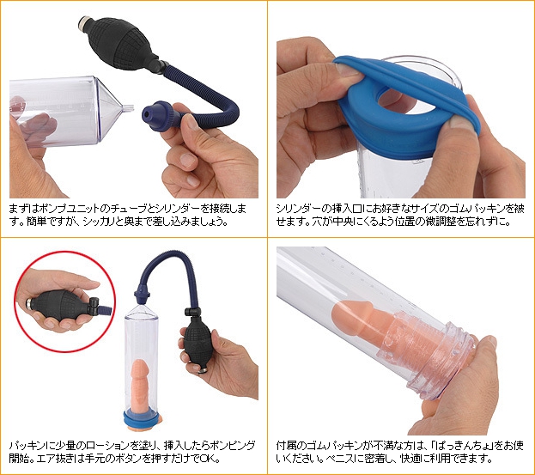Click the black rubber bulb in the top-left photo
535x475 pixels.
122,45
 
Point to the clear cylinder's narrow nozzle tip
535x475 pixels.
128,109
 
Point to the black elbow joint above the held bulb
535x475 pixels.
192,312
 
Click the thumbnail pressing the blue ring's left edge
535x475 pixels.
343,70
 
